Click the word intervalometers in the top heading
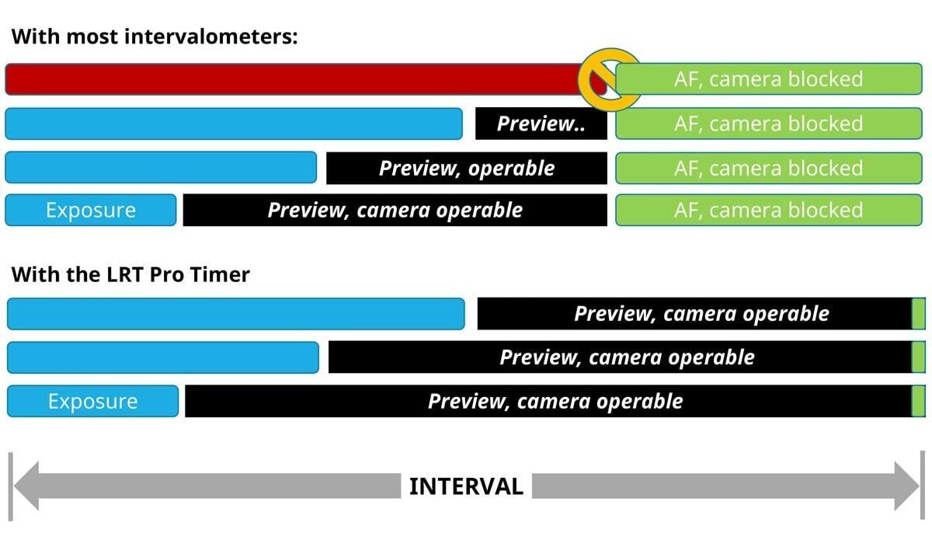tap(210, 37)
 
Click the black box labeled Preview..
tap(541, 124)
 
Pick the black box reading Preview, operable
tap(467, 168)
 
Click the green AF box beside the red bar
tap(768, 79)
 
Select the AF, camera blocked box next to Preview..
tap(768, 124)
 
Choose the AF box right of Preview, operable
tap(768, 168)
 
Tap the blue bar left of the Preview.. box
tap(234, 124)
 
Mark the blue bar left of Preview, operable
tap(161, 167)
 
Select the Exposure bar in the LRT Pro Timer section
tap(92, 401)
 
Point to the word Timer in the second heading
tap(220, 274)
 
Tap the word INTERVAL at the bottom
tap(466, 486)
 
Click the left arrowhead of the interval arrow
tap(27, 486)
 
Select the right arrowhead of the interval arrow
tap(907, 486)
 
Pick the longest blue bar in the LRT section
tap(236, 314)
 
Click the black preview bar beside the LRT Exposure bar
tap(548, 401)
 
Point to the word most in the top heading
tap(92, 37)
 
